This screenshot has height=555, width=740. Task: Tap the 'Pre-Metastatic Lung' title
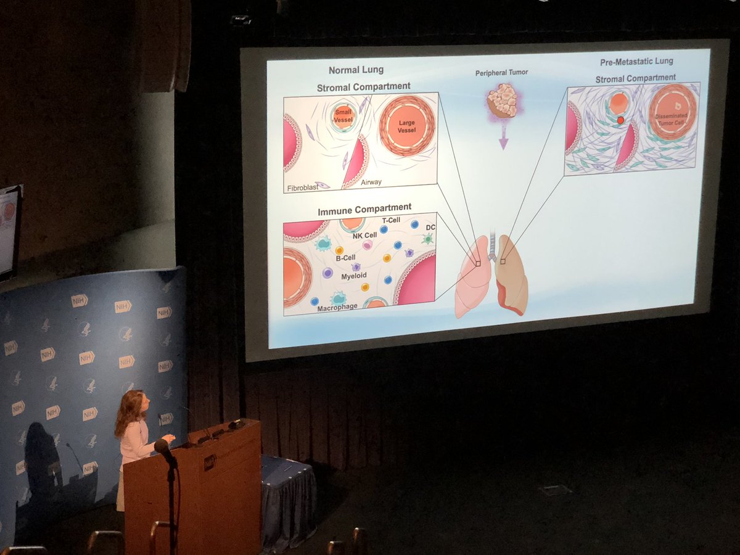[636, 62]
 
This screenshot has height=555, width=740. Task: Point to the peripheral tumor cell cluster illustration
[502, 100]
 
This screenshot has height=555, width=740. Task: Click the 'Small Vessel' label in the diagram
[343, 115]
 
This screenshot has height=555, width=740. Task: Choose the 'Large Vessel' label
[406, 127]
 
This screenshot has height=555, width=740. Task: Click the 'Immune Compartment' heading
[364, 210]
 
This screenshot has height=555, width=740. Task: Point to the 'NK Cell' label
[364, 236]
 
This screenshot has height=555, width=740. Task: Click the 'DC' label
[430, 228]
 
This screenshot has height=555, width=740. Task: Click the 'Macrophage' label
[337, 306]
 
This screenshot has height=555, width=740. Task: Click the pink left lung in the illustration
[472, 277]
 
